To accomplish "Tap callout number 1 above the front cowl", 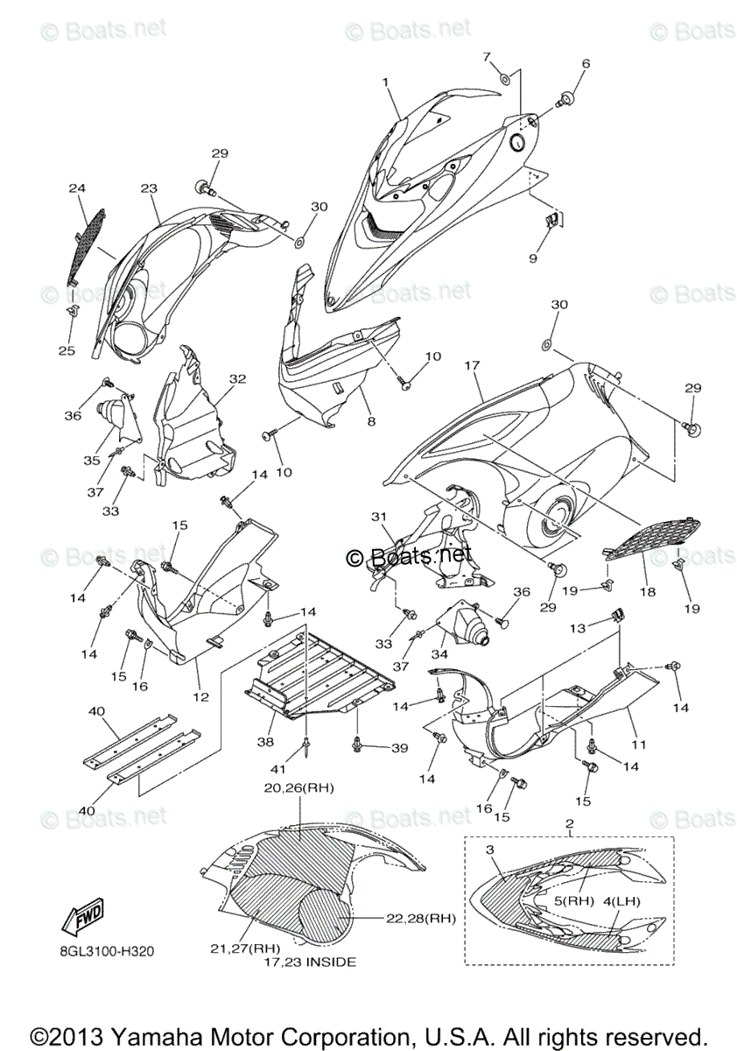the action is coord(383,81).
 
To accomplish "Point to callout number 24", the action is coord(77,187).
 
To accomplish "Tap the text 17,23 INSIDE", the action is coord(310,962).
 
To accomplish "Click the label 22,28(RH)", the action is coord(421,919).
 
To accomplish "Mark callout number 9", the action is coord(531,258).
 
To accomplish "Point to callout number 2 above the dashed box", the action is coord(570,824).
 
